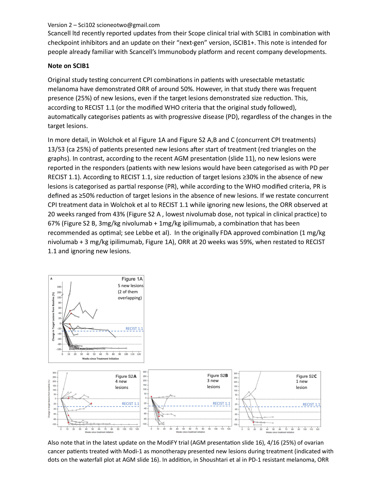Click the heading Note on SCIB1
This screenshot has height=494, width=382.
pos(69,66)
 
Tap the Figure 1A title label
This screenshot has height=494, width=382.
pos(132,279)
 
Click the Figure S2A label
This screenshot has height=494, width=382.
pos(126,376)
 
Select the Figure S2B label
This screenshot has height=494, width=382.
pos(217,375)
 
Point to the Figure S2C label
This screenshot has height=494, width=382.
pos(306,376)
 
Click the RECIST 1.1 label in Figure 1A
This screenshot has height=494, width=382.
pos(134,329)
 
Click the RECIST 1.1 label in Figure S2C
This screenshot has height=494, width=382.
pos(311,404)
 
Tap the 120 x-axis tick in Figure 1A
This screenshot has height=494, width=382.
pos(139,354)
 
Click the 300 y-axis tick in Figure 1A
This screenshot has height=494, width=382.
pos(59,287)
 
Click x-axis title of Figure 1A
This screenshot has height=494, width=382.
pos(100,359)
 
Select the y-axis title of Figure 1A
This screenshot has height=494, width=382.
pos(53,316)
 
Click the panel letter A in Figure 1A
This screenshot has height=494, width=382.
pos(51,279)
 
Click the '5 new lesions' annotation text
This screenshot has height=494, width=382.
pos(130,286)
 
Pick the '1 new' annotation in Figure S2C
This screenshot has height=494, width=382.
pos(302,381)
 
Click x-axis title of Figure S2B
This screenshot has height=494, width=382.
pos(190,432)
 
